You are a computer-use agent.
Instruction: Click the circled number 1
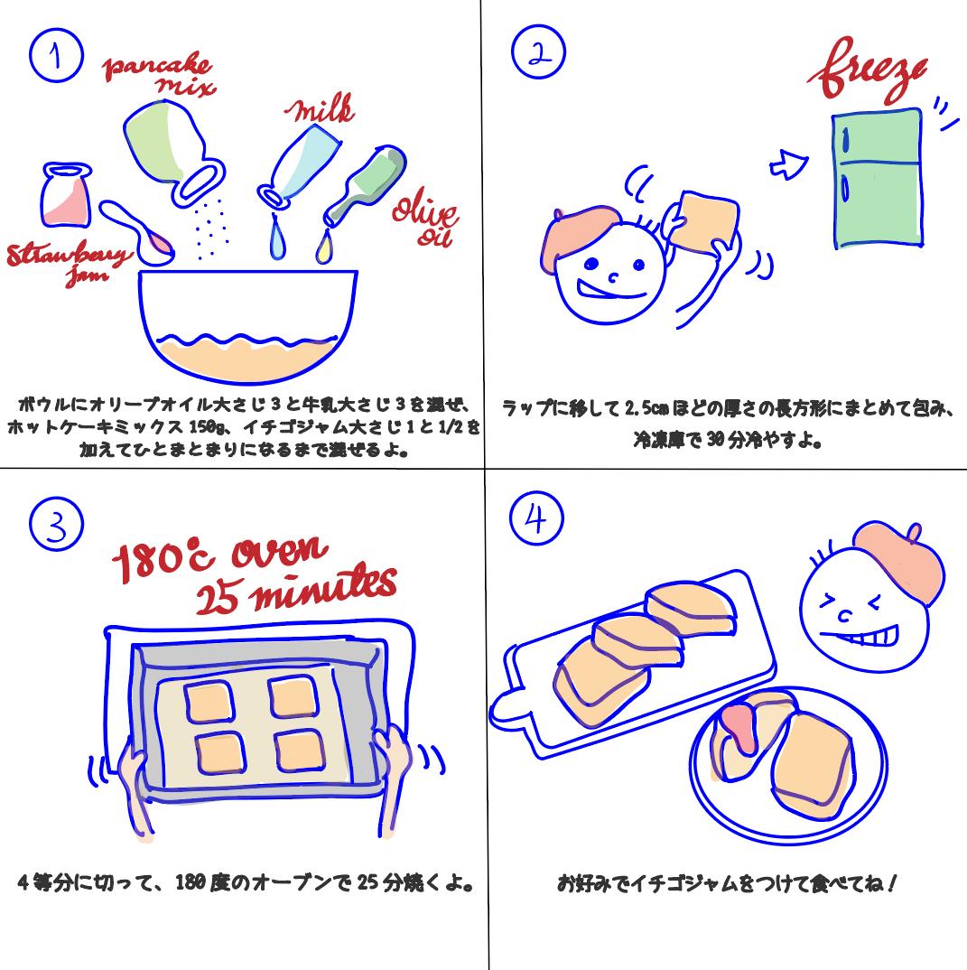pos(56,56)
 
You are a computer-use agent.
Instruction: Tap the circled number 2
pos(538,53)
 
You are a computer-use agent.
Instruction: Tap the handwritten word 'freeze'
pos(868,77)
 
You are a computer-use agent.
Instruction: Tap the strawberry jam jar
pos(66,196)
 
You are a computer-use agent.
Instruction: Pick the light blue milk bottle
pos(301,163)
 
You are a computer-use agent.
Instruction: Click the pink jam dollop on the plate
pos(738,726)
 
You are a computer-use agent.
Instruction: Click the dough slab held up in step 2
pos(705,220)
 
